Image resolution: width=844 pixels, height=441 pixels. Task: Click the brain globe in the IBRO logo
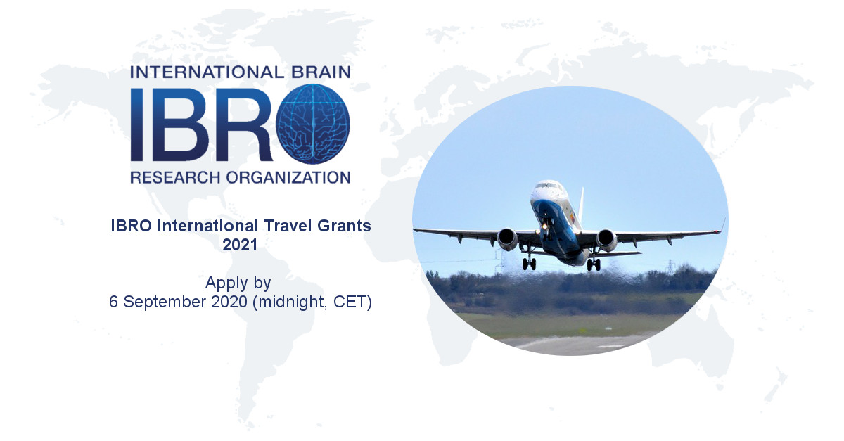pos(313,124)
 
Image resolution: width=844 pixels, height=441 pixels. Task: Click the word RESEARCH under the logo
pos(175,177)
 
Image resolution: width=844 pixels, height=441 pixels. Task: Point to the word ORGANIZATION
pos(288,177)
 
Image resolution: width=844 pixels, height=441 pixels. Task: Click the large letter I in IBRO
pos(136,124)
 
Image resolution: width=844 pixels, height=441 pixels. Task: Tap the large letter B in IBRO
pos(179,124)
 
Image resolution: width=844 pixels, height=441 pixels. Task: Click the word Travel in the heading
pos(288,226)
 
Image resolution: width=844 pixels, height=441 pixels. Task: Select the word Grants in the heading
pos(345,226)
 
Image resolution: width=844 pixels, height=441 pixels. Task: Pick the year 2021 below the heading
pos(240,245)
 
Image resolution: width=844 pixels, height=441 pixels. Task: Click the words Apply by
pos(238,283)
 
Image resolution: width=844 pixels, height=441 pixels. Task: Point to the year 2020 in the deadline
pos(229,302)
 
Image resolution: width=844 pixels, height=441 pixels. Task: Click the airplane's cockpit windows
pos(548,186)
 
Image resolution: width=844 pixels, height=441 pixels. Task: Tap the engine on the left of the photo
pos(507,238)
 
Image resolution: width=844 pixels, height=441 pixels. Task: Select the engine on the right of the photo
pos(606,240)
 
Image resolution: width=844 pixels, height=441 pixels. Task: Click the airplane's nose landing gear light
pos(544,226)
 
